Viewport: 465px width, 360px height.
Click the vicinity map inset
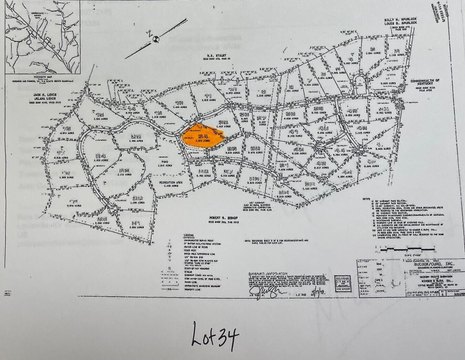click(39, 45)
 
